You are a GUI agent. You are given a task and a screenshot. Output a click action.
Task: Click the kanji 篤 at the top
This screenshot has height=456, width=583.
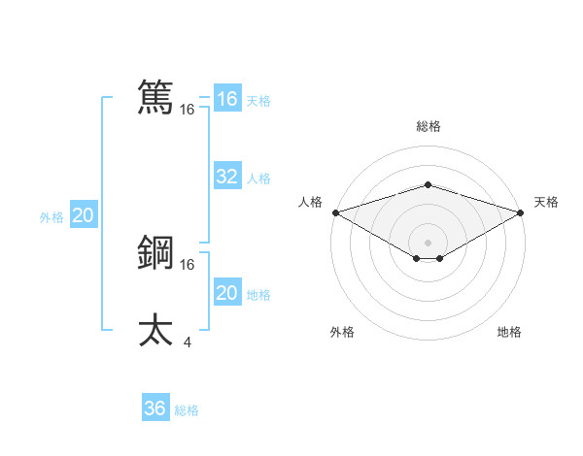pos(155,97)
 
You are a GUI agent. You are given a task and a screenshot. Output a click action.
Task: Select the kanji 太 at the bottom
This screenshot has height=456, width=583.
pos(155,329)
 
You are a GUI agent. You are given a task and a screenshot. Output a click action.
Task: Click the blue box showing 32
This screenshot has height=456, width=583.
pos(226,177)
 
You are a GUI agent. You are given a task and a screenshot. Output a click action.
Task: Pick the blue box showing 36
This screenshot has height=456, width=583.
pos(154,408)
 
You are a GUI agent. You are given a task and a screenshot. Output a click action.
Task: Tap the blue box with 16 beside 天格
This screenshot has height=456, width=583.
pos(226,99)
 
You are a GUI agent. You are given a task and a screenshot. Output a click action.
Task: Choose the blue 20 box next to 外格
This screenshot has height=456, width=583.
pos(83,215)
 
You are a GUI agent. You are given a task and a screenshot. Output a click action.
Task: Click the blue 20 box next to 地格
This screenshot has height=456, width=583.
pos(226,293)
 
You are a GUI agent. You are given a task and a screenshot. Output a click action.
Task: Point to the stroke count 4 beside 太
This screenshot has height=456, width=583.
pos(187,341)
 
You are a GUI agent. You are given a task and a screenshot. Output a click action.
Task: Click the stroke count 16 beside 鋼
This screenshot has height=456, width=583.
pos(187,264)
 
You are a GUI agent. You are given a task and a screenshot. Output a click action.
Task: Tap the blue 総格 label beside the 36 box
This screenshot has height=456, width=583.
pos(187,410)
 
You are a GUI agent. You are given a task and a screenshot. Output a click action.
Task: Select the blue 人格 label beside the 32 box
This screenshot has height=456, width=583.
pos(258,179)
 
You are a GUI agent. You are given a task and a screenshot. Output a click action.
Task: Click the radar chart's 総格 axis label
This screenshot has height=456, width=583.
pos(428,126)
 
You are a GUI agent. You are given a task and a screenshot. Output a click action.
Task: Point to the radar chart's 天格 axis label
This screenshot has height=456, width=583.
pos(547,202)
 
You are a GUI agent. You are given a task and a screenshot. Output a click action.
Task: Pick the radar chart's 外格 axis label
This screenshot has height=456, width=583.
pos(342,332)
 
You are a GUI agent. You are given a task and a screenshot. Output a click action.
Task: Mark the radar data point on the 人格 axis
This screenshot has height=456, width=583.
pos(335,212)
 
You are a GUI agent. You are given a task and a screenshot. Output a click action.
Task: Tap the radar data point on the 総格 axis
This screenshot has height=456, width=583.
pos(428,184)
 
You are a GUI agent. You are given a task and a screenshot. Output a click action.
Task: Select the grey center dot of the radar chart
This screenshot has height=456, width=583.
pos(428,242)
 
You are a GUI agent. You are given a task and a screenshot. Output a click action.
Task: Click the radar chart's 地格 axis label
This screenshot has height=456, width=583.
pos(509,332)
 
